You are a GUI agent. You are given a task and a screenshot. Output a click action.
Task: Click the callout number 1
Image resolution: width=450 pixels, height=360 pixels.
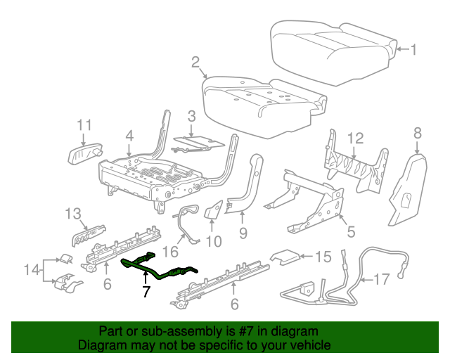(x=414, y=49)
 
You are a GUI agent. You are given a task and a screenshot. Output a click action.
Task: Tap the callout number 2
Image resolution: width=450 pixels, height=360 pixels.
(x=195, y=63)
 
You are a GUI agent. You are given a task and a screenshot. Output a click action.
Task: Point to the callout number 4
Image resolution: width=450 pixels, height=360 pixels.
(x=129, y=135)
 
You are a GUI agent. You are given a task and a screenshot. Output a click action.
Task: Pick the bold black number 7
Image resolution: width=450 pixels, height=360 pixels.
(x=146, y=291)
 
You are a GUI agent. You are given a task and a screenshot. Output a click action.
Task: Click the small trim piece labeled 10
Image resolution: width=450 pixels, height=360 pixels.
(x=214, y=208)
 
